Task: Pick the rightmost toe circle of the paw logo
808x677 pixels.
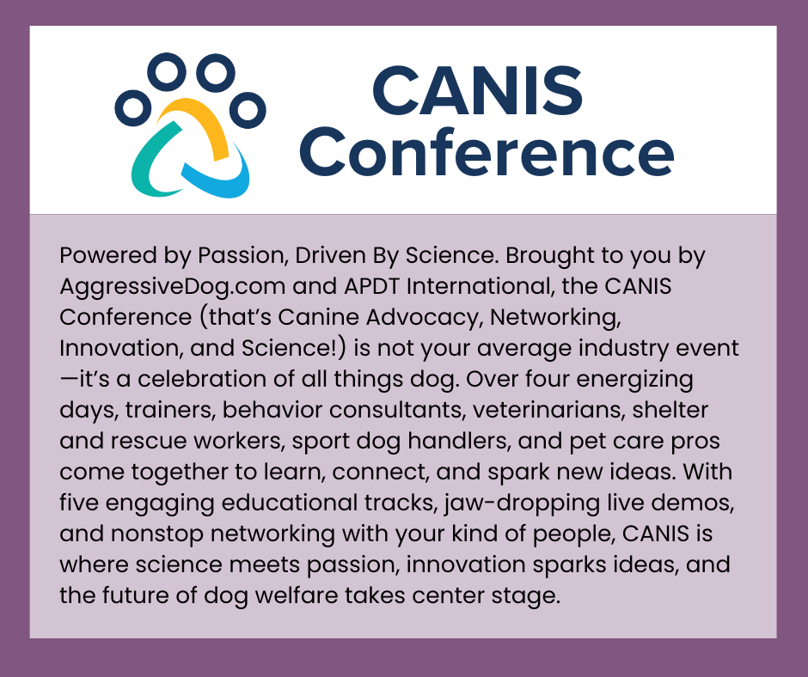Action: [x=248, y=110]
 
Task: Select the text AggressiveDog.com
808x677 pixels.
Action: [x=168, y=287]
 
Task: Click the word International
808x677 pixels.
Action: [x=455, y=287]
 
